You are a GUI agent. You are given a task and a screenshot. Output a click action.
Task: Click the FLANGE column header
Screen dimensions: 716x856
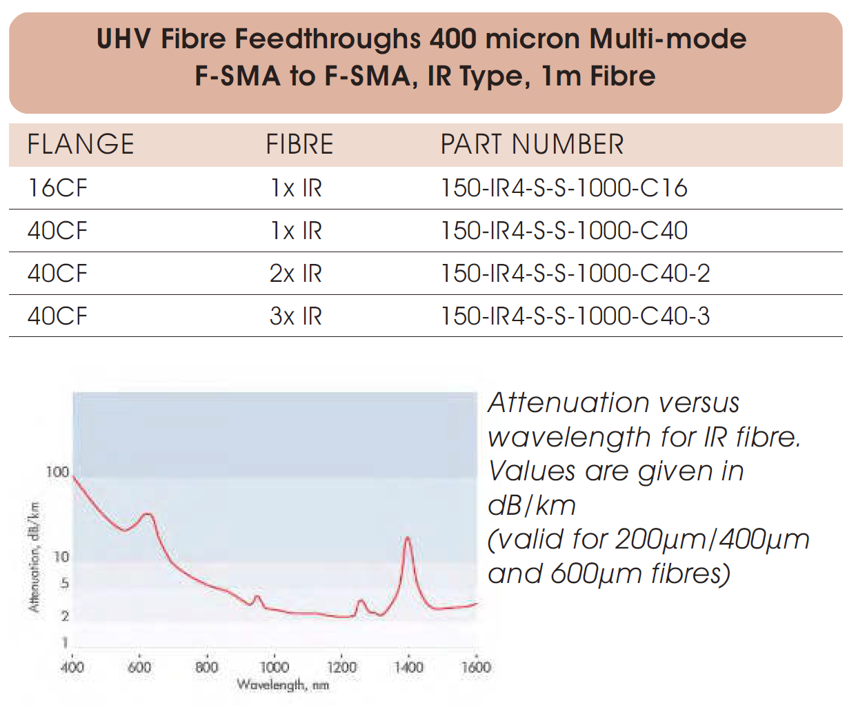click(81, 145)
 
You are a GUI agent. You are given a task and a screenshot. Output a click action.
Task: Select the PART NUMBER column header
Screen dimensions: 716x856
click(532, 145)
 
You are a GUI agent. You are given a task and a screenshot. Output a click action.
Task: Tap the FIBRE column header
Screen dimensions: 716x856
click(299, 145)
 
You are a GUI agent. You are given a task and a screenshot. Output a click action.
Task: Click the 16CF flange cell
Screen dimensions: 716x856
click(58, 188)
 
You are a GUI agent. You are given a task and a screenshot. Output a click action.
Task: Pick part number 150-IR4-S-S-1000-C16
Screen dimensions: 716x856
click(564, 188)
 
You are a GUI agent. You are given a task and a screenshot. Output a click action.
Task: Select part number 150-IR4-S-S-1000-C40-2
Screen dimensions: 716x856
click(575, 274)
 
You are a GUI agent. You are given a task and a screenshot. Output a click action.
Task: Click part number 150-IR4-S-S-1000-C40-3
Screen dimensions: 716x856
click(575, 316)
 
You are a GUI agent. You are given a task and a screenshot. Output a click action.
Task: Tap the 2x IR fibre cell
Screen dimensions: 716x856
click(295, 274)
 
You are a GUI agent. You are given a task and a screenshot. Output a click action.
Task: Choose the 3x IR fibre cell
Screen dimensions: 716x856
click(295, 316)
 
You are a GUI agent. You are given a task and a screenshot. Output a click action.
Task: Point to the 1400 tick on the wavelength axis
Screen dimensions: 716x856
click(408, 667)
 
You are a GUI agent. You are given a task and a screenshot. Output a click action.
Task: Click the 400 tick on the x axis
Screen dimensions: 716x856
click(72, 667)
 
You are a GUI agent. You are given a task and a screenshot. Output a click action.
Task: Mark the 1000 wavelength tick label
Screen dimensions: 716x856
click(274, 667)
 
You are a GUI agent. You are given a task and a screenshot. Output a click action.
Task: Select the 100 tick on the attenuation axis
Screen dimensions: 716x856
click(58, 472)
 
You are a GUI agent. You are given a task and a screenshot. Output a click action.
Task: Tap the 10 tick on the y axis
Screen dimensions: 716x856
click(61, 557)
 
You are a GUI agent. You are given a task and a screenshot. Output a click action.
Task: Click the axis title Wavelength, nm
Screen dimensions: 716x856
click(283, 685)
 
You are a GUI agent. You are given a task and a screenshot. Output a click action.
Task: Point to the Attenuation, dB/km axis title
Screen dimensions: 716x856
click(34, 557)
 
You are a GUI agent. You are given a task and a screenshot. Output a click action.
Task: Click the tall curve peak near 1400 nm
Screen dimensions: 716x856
click(408, 538)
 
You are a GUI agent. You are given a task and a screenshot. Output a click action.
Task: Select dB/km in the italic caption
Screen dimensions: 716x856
click(531, 506)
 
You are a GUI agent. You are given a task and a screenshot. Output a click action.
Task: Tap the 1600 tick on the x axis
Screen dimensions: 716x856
click(475, 667)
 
